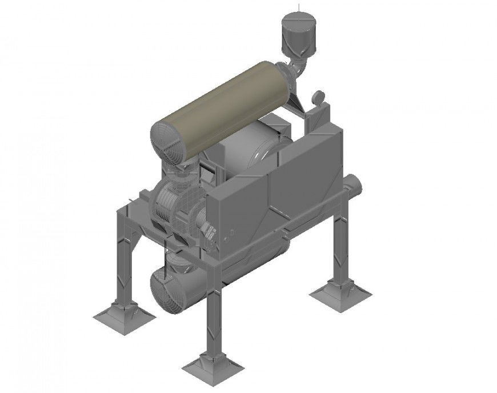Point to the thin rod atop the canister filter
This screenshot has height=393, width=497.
coord(298,7)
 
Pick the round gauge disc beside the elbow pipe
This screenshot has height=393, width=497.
coord(318,98)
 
